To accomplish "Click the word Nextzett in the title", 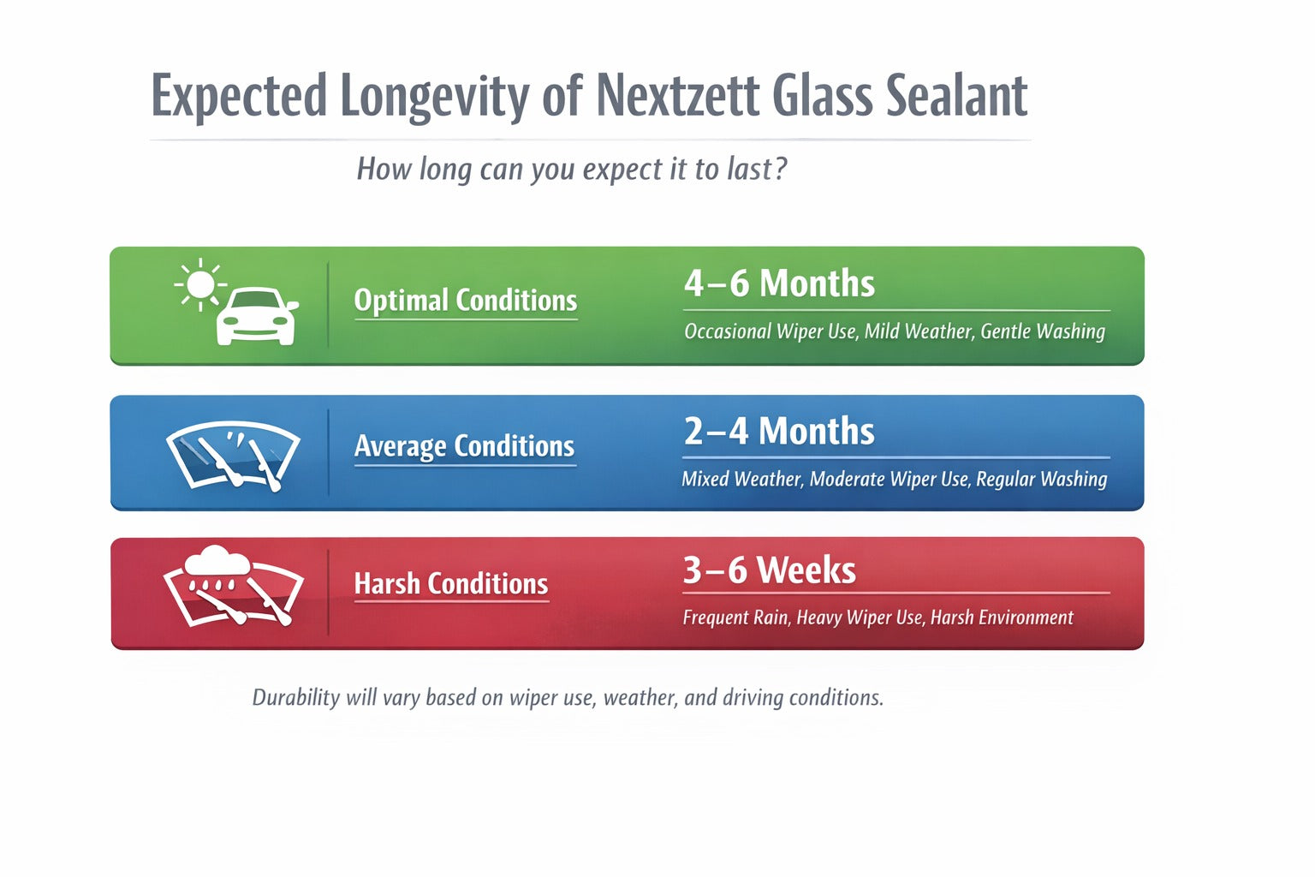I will pos(676,95).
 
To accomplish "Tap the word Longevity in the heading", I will pos(435,97).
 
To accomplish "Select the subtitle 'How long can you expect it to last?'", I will pos(571,169).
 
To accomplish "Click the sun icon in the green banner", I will pos(200,283).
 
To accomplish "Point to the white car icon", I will pos(256,316).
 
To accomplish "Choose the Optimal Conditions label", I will pos(465,301).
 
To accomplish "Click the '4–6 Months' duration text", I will pos(779,283).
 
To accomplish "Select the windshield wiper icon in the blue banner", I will pos(233,455).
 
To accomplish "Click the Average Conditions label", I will pos(464,446).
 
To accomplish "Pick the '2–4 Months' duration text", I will pos(779,431).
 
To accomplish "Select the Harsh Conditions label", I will pos(450,584).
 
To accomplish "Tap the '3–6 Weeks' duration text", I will pos(769,570).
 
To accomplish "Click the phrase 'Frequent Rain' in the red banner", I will pos(735,617).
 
